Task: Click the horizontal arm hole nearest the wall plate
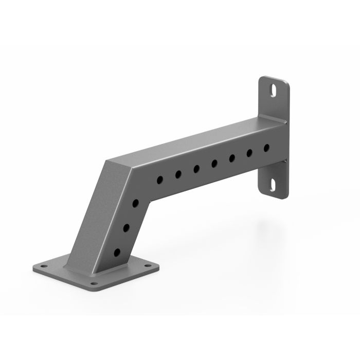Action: pyautogui.click(x=266, y=148)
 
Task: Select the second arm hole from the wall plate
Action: pyautogui.click(x=249, y=153)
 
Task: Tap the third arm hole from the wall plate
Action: pyautogui.click(x=232, y=158)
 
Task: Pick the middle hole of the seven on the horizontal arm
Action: pyautogui.click(x=214, y=164)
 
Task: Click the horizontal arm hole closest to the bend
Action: pyautogui.click(x=160, y=180)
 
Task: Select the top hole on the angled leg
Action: pyautogui.click(x=135, y=204)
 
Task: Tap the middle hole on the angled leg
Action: pyautogui.click(x=127, y=227)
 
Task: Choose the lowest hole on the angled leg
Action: pyautogui.click(x=118, y=252)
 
